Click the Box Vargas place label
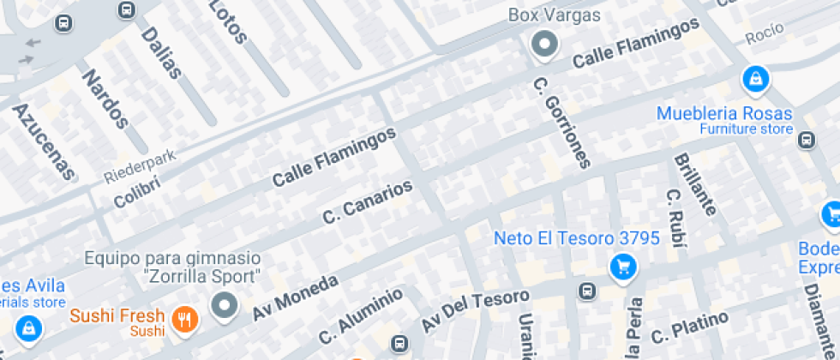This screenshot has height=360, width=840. [x=555, y=15]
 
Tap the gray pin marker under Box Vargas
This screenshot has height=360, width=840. [x=543, y=44]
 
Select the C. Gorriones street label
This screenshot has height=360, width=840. [x=562, y=123]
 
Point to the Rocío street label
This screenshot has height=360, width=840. [x=765, y=35]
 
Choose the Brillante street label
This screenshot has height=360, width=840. [x=694, y=183]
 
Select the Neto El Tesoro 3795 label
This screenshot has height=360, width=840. [x=576, y=238]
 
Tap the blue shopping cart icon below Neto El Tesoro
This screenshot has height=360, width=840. [x=623, y=267]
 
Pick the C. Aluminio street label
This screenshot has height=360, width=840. [x=361, y=316]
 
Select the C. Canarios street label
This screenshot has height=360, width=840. [x=368, y=202]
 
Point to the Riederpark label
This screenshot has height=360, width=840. [x=140, y=166]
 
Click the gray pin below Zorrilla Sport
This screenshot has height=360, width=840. [x=225, y=304]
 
